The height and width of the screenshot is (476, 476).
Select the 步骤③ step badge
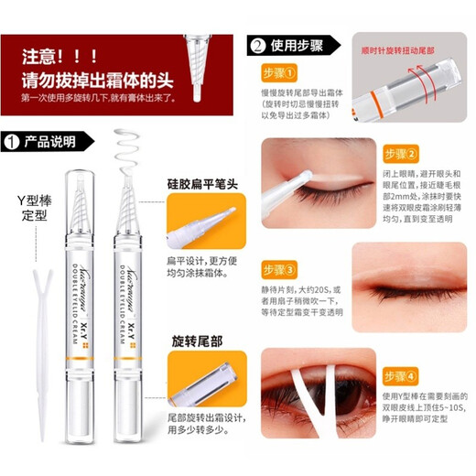click(278, 271)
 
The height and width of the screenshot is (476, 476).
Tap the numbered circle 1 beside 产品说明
click(12, 142)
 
